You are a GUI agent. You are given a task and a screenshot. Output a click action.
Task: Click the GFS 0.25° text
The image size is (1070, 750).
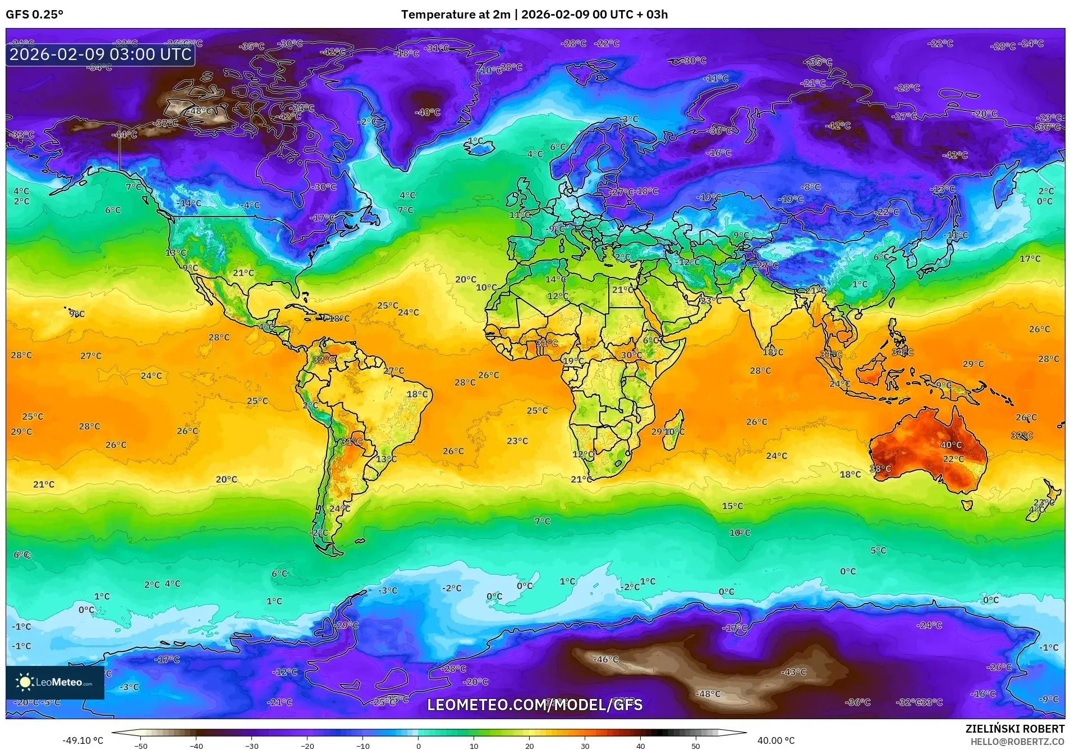point(34,15)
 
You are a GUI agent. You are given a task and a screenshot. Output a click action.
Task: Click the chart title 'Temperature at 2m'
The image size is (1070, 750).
point(454,15)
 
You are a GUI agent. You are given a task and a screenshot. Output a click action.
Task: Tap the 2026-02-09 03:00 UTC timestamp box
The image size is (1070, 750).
point(100,54)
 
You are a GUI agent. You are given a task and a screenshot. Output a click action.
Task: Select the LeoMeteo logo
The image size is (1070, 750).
point(54,682)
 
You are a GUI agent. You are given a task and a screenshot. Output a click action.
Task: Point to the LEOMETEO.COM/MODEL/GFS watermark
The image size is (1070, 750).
point(535,705)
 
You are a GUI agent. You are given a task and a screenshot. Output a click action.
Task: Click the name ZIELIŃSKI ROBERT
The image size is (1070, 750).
point(1014,729)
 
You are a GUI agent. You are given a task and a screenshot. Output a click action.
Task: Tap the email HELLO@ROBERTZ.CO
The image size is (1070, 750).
point(1017,742)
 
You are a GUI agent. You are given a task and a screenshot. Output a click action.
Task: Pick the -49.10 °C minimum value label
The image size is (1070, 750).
point(82,740)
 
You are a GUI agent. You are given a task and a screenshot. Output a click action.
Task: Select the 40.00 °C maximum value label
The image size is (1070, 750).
point(776,740)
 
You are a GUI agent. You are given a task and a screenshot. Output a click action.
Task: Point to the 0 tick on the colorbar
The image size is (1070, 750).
point(418,746)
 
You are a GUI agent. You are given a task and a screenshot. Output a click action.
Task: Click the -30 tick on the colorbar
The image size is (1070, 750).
point(251,746)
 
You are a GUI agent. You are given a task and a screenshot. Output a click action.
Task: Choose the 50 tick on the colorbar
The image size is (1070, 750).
point(695,746)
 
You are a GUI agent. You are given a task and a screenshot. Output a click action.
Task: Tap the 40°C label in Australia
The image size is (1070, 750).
point(951,445)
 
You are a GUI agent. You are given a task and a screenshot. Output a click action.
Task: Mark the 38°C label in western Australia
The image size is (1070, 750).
point(880,469)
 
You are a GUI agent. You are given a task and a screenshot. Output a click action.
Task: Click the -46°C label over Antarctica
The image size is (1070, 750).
point(606,659)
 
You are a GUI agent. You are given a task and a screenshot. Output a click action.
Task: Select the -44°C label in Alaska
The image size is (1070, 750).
point(124,135)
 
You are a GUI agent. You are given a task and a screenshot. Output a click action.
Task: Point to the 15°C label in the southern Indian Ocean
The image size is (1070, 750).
point(732,506)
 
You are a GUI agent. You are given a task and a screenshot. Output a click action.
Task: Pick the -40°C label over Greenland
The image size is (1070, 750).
point(428,112)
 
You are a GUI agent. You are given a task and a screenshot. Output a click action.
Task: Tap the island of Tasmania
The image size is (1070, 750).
point(967,505)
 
